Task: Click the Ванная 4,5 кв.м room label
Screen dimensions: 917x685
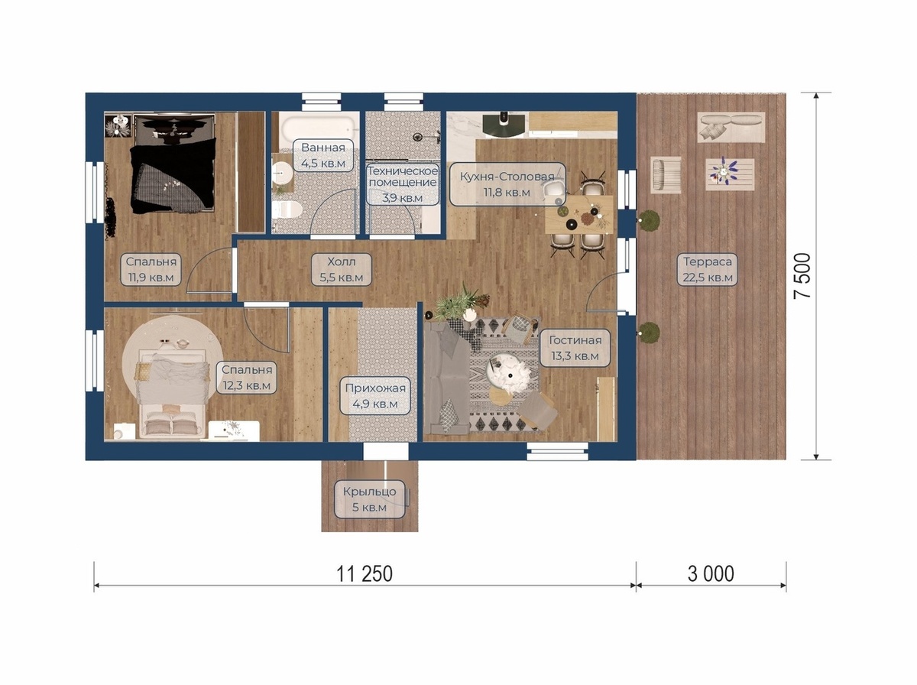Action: click(x=323, y=155)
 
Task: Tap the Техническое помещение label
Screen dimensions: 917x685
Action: click(x=403, y=177)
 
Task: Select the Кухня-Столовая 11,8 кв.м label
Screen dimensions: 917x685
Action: click(x=507, y=184)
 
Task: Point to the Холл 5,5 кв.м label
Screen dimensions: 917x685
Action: click(x=342, y=270)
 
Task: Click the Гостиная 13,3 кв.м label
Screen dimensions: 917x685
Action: click(x=575, y=348)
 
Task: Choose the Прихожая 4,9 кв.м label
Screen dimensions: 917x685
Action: click(x=375, y=396)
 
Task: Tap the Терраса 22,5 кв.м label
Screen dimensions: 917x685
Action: click(x=708, y=270)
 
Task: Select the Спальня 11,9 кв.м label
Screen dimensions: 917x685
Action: click(x=151, y=270)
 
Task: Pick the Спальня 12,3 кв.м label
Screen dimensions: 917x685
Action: click(x=247, y=378)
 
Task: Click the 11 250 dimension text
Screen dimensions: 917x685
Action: click(x=365, y=574)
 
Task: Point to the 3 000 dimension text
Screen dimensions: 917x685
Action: click(x=711, y=574)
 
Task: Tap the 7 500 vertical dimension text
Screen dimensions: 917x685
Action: click(x=802, y=276)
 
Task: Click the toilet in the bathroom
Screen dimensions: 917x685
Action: click(x=285, y=209)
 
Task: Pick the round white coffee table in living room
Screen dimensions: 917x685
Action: click(x=510, y=373)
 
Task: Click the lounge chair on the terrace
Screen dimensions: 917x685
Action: click(x=666, y=175)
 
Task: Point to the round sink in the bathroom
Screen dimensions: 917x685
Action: click(x=281, y=173)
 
